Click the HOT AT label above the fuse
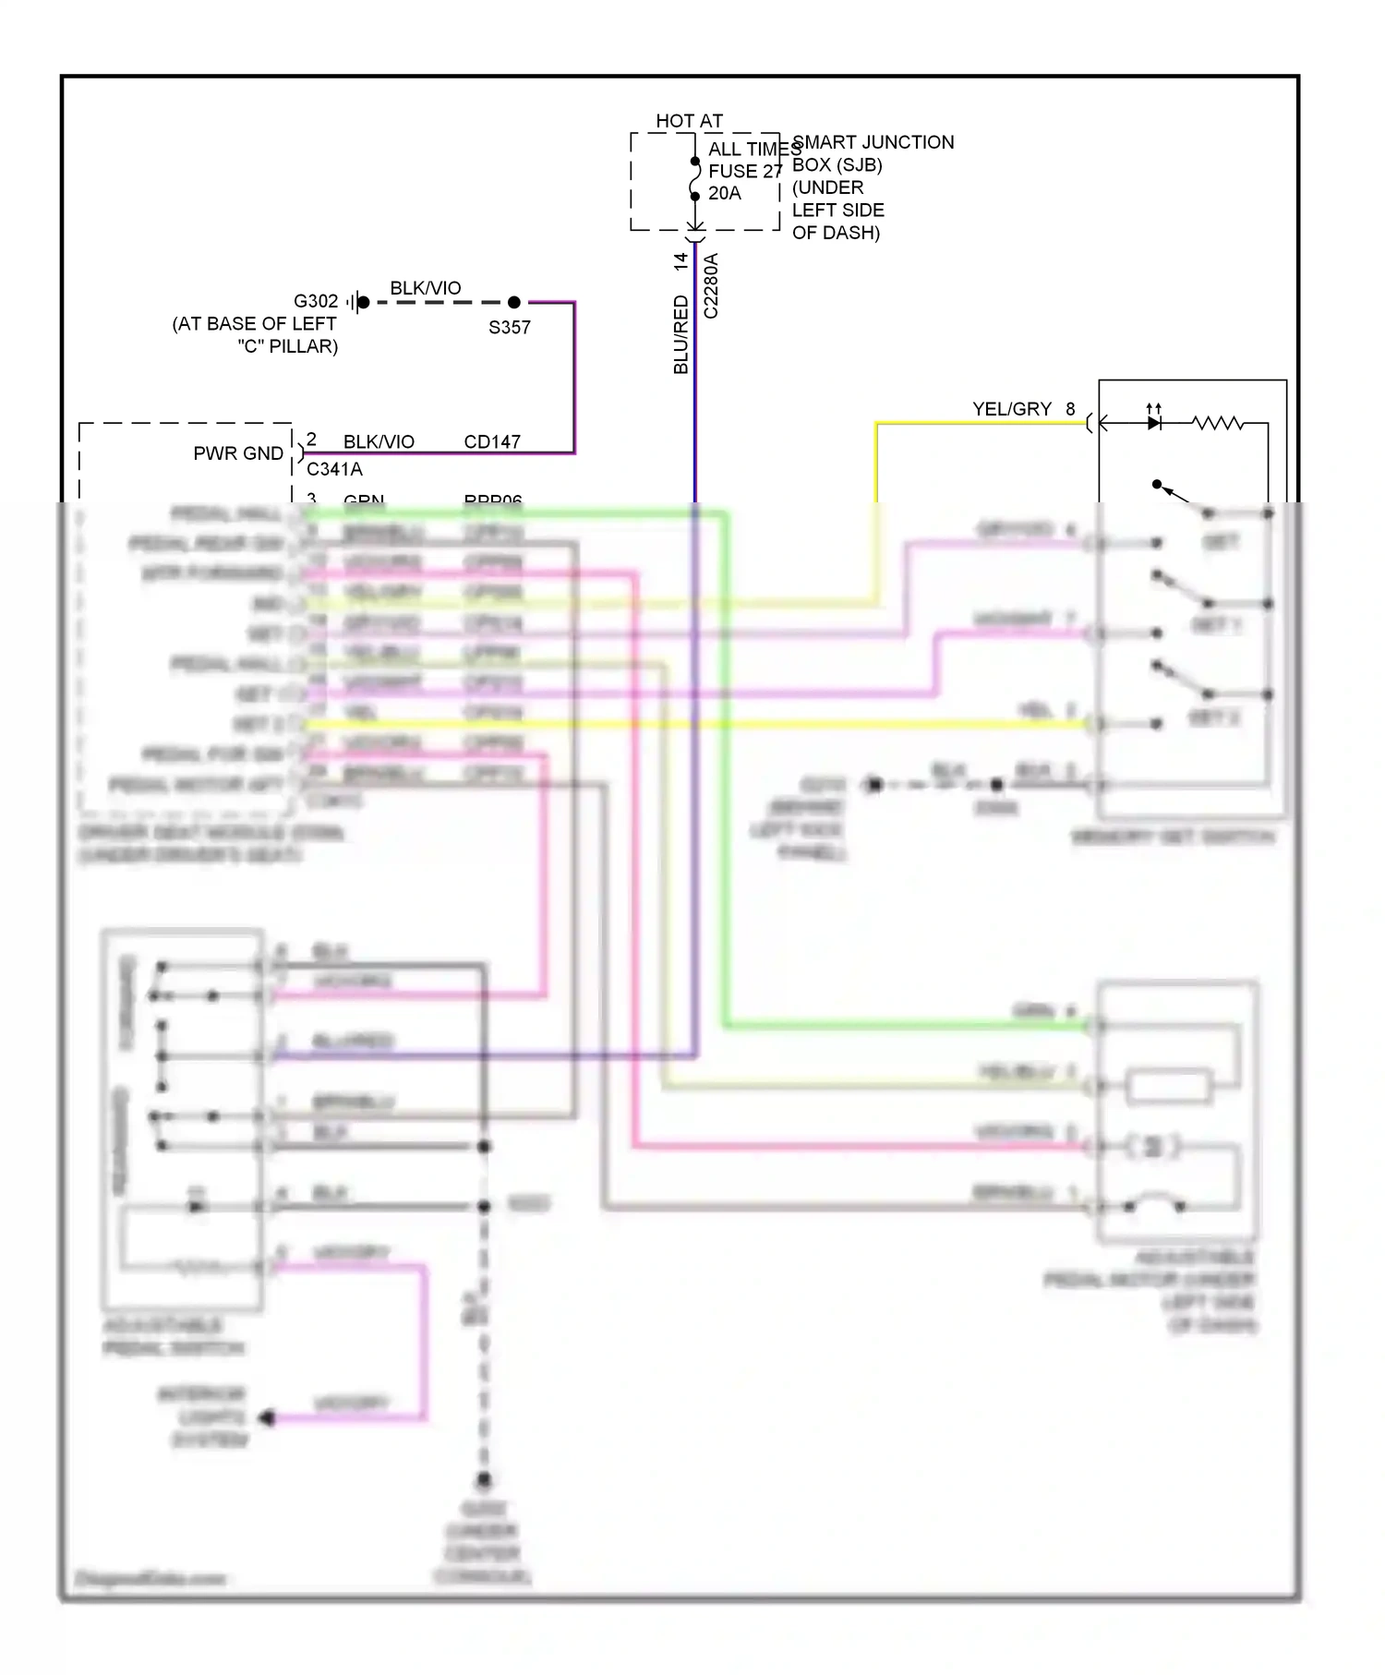(689, 121)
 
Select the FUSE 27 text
(744, 171)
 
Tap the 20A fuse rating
(725, 193)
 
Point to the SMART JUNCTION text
(873, 142)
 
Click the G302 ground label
(316, 301)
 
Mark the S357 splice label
(510, 327)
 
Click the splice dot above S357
(514, 302)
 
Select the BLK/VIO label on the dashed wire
(426, 288)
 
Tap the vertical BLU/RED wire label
(681, 334)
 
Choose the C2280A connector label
(711, 286)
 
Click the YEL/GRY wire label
(1011, 409)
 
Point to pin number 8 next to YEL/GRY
(1070, 409)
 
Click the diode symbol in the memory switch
(1153, 423)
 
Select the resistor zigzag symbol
(1217, 423)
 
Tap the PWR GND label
(238, 453)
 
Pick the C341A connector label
(334, 469)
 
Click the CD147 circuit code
(492, 441)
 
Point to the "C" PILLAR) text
(288, 346)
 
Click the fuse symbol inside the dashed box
(695, 178)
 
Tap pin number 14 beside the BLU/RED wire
(681, 261)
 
